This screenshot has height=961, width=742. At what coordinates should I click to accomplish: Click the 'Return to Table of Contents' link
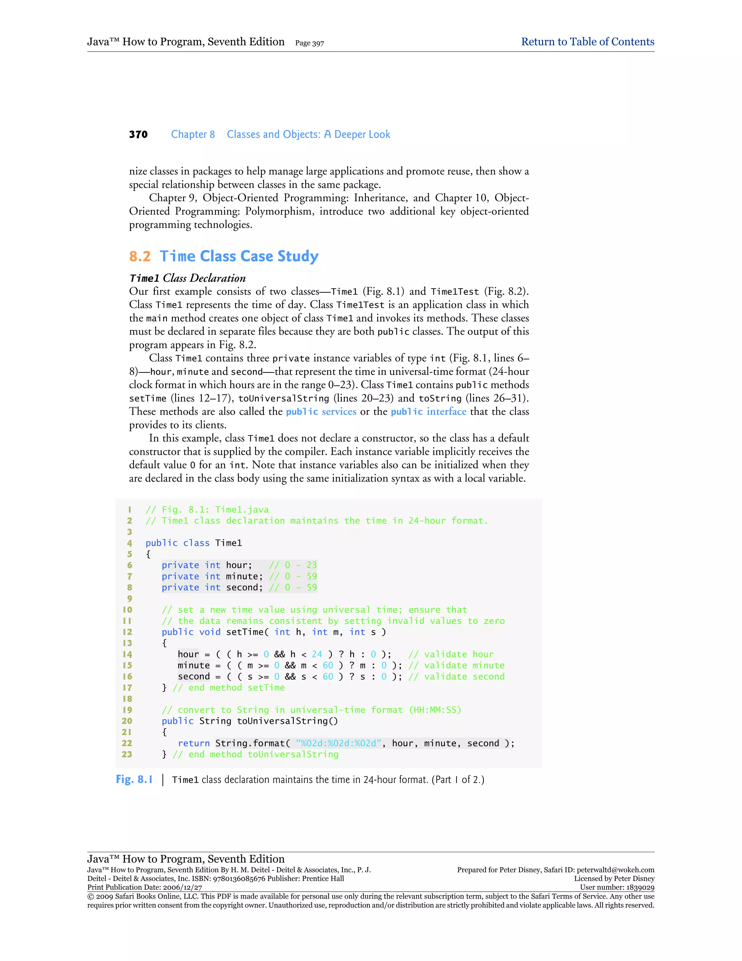[587, 42]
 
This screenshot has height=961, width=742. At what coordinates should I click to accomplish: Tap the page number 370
[138, 135]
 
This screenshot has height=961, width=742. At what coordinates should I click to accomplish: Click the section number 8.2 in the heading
[140, 256]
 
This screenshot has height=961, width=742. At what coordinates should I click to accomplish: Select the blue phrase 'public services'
[321, 412]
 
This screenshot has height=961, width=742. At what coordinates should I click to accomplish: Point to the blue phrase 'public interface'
[428, 412]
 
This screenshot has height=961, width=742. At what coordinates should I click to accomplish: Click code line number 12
[127, 632]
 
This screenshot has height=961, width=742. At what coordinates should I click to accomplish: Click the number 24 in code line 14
[317, 654]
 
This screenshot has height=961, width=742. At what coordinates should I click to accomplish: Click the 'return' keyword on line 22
[193, 743]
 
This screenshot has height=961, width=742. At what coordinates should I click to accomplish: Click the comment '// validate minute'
[456, 665]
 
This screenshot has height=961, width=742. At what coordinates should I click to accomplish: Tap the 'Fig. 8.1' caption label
[134, 779]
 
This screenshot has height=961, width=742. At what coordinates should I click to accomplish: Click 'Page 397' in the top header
[309, 43]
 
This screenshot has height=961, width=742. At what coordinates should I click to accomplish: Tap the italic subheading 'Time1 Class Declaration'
[187, 278]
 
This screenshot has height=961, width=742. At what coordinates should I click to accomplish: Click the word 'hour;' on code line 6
[239, 565]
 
